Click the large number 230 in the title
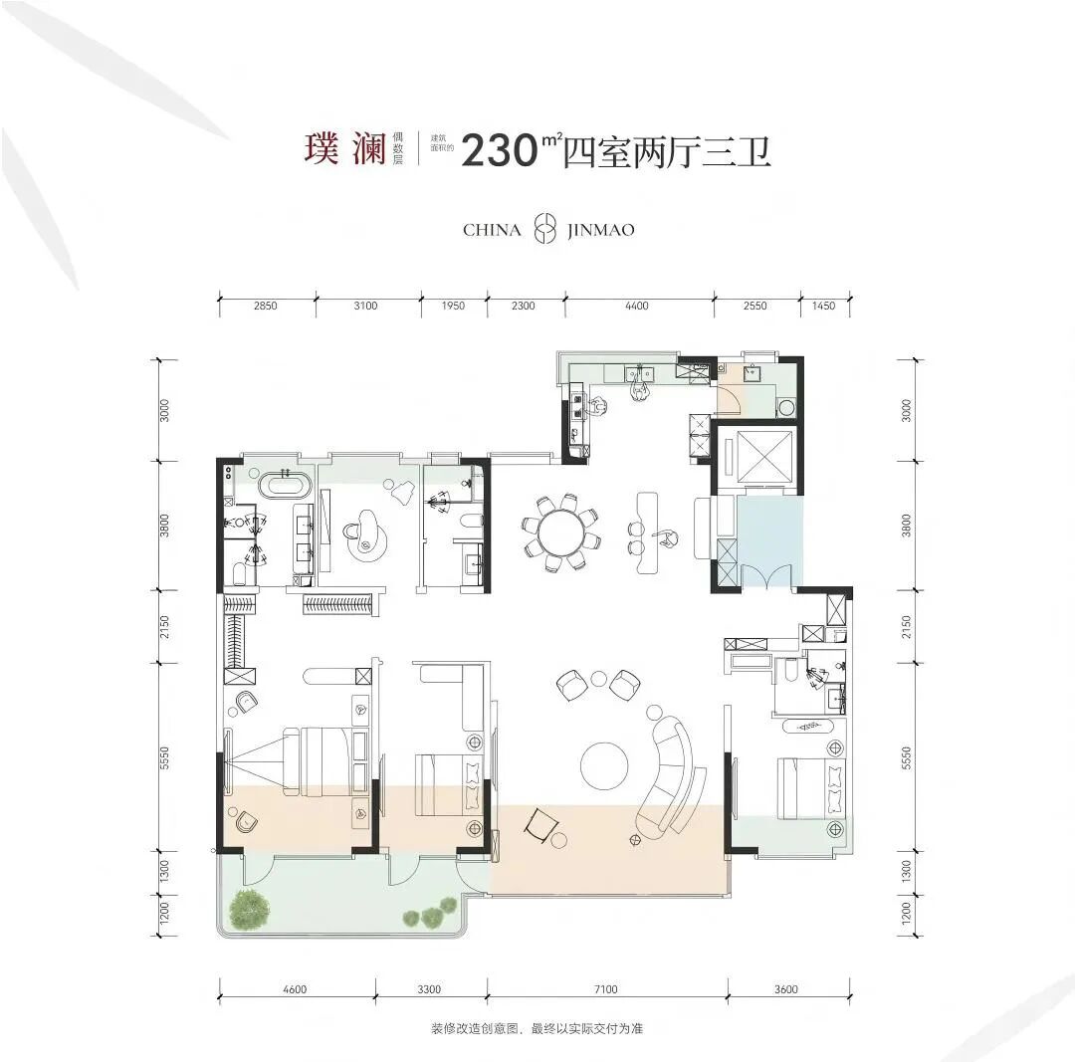point(499,151)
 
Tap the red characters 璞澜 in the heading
point(346,148)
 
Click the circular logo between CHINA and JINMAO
point(545,230)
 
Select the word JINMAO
point(600,230)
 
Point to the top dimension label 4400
point(636,306)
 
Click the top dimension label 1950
point(453,306)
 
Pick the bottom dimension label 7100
point(605,988)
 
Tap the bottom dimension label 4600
point(295,988)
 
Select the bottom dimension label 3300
point(429,988)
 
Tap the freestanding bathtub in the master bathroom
point(287,488)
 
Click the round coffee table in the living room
point(604,765)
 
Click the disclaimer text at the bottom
point(537,1028)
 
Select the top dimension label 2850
point(266,306)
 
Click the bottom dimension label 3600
point(785,988)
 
